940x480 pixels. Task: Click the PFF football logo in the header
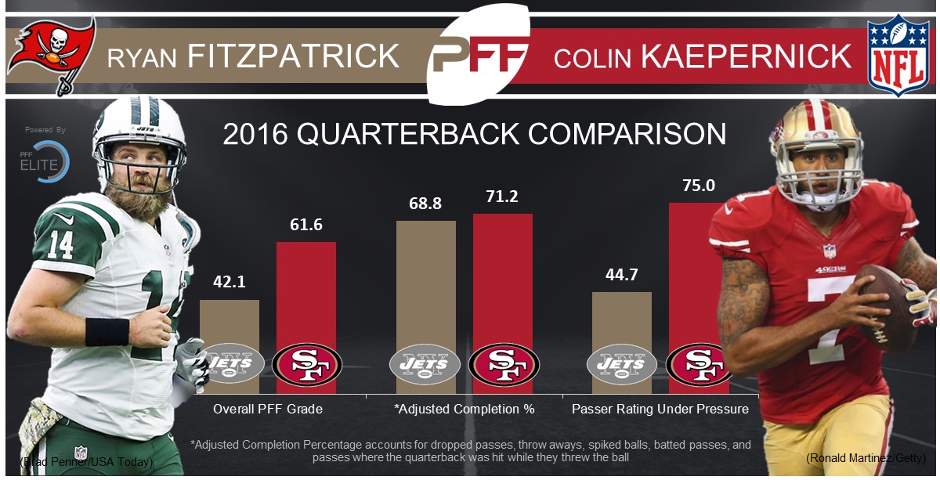475,57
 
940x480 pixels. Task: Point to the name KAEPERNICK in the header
747,56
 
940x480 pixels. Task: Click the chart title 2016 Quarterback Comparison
474,134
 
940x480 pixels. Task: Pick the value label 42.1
229,283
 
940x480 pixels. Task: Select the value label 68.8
425,204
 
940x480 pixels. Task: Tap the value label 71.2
502,197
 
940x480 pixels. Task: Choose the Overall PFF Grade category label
268,409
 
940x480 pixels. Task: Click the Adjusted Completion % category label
465,409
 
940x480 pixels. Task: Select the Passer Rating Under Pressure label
660,409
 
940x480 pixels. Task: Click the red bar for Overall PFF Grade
306,290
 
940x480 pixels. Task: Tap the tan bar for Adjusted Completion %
425,282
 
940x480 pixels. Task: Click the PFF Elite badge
45,157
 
